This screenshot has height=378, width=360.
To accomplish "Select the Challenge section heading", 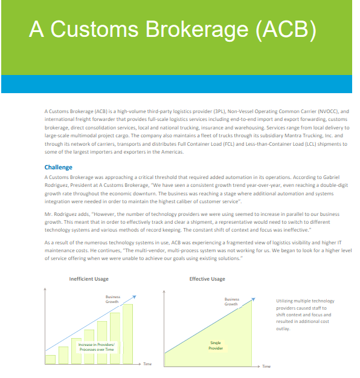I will click(58, 167).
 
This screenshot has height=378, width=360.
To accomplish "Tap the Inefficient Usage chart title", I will click(89, 279).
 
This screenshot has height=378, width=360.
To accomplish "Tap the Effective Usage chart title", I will click(207, 279).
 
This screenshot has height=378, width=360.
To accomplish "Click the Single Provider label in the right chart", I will click(215, 345).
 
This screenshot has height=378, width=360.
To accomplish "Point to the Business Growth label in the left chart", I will click(112, 299).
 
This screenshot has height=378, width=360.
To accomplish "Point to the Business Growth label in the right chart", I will click(231, 301).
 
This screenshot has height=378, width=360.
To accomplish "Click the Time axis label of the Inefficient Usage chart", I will click(147, 365).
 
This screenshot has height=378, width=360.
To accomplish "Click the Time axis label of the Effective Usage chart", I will click(266, 366).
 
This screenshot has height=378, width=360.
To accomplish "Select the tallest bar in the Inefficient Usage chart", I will click(128, 333).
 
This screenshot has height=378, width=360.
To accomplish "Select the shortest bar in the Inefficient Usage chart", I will click(50, 359).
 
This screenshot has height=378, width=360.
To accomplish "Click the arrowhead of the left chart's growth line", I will click(135, 297).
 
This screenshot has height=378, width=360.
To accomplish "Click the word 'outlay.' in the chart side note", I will click(283, 330).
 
